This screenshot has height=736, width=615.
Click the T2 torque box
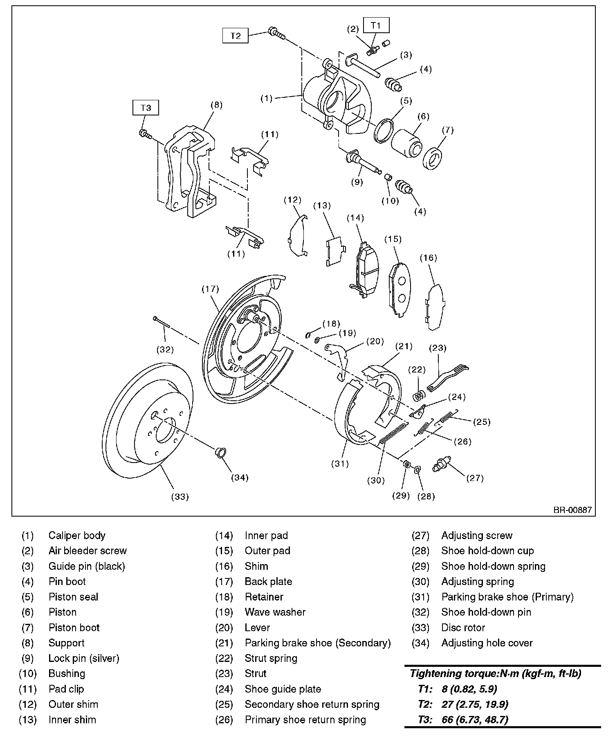[236, 36]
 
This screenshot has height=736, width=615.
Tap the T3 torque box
[146, 108]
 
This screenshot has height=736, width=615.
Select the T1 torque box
[375, 25]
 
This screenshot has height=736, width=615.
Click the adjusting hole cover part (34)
[220, 453]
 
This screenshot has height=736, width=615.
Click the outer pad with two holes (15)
[399, 289]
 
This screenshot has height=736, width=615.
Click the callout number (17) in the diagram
[210, 289]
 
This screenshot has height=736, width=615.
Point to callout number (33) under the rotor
[180, 497]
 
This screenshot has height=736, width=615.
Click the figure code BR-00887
[572, 510]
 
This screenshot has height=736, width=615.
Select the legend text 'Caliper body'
[77, 535]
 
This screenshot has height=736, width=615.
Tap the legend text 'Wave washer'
[275, 612]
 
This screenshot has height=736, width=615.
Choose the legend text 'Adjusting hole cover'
[487, 643]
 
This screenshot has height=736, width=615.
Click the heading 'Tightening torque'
[495, 673]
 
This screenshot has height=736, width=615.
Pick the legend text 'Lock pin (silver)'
[84, 658]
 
